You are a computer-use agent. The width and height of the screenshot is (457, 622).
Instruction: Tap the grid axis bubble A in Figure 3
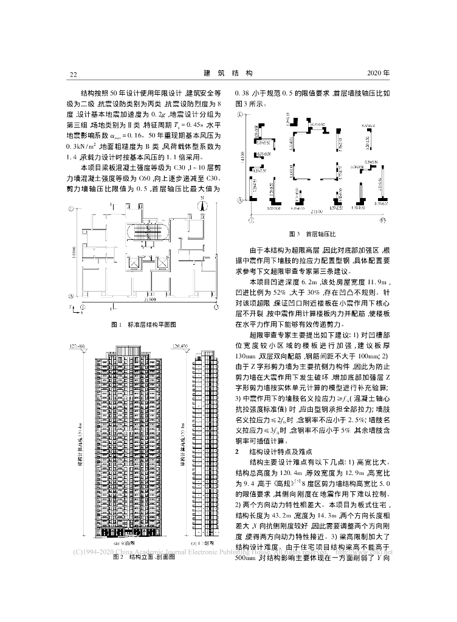241,200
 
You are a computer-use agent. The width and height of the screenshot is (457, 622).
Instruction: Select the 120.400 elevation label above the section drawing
182,346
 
